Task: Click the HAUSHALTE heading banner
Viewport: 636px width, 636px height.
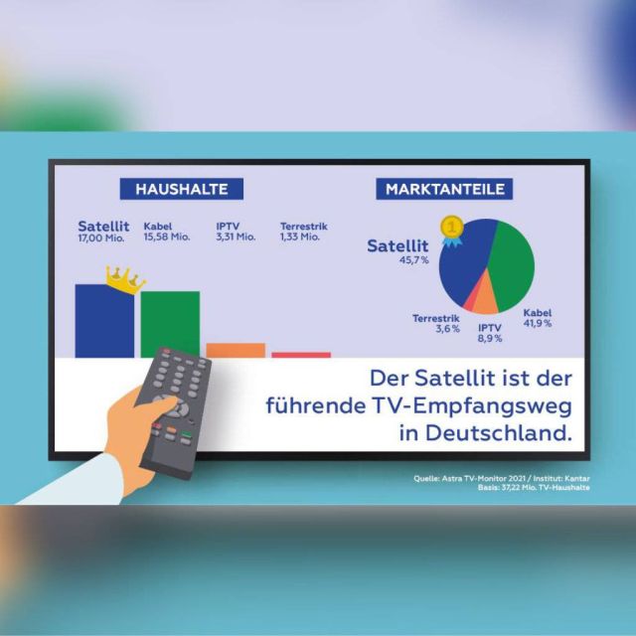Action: coord(182,189)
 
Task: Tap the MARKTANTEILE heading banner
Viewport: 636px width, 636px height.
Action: coord(445,189)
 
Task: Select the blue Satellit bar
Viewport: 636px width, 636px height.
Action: coord(104,323)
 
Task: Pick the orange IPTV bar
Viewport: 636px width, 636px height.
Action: coord(236,350)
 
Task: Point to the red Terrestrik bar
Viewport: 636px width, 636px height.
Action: coord(301,354)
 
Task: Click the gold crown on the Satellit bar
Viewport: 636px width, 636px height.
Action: coord(124,279)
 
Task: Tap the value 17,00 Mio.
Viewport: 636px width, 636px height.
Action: coord(102,238)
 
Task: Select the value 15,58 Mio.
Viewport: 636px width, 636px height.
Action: coord(166,238)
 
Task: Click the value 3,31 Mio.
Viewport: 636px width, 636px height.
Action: coord(236,238)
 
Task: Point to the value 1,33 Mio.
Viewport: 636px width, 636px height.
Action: coord(300,238)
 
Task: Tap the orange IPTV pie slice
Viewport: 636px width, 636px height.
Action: coord(484,298)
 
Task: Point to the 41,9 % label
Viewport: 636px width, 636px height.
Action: coord(538,324)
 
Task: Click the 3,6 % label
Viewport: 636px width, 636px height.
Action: coord(447,329)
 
